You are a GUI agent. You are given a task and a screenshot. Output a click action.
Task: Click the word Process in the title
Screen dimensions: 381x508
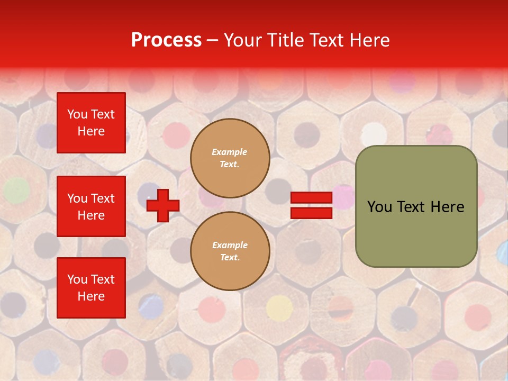[x=166, y=40]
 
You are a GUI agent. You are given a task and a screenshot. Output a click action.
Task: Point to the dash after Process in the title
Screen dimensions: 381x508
[x=212, y=41]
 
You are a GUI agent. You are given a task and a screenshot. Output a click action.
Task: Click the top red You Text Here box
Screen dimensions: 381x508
[x=91, y=123]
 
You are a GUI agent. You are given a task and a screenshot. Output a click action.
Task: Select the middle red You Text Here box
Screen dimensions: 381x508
[x=91, y=206]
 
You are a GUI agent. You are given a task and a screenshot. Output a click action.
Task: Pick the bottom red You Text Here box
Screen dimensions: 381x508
[x=91, y=287]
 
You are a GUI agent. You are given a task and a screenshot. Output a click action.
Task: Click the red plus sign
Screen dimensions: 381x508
[x=163, y=206]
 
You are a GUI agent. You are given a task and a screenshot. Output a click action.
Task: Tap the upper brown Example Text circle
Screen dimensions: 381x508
[x=230, y=158]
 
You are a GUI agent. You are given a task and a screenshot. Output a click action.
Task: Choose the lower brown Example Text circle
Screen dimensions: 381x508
[x=230, y=251]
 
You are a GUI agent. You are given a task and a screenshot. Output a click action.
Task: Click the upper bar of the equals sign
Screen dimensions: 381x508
[x=311, y=198]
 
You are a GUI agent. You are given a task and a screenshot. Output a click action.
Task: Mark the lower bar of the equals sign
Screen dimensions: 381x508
[x=311, y=213]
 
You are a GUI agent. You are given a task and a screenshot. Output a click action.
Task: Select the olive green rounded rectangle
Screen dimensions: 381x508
[x=416, y=206]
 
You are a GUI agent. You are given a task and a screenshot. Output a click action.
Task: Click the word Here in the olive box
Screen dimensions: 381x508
[x=447, y=207]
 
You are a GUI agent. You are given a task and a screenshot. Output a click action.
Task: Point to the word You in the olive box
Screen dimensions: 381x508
[x=379, y=207]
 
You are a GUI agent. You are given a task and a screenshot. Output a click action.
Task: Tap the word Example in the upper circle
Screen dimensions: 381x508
[x=230, y=152]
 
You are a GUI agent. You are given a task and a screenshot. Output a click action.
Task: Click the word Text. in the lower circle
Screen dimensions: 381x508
[x=230, y=257]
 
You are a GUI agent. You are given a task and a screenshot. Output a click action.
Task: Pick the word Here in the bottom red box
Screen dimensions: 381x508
[x=91, y=296]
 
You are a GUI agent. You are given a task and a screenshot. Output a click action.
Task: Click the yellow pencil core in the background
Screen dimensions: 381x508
[x=279, y=307]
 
